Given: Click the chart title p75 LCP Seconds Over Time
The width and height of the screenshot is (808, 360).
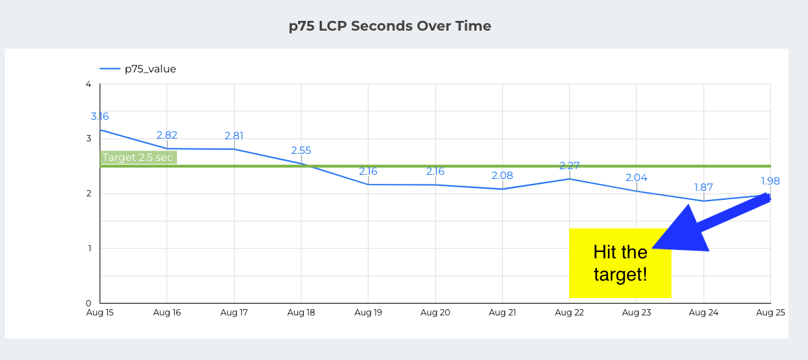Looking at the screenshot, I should click(x=390, y=26).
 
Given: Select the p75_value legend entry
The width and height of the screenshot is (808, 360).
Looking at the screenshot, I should click(x=150, y=68).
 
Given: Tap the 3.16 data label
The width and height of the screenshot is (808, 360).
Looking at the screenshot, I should click(x=100, y=116).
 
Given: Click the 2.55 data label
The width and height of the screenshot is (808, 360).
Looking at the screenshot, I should click(x=301, y=150).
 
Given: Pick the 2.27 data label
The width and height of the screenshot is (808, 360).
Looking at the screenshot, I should click(x=569, y=166).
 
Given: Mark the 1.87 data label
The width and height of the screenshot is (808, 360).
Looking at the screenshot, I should click(x=704, y=187).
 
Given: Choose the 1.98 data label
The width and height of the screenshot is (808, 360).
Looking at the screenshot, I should click(x=770, y=181).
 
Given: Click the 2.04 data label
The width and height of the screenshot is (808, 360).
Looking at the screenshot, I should click(x=636, y=178).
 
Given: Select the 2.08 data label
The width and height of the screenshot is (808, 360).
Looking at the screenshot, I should click(x=502, y=175).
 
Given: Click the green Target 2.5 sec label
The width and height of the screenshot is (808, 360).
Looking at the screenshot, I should click(x=138, y=157).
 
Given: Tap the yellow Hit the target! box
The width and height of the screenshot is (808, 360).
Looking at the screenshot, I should click(x=619, y=263).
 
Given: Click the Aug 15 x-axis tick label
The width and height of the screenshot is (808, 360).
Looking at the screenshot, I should click(x=100, y=313).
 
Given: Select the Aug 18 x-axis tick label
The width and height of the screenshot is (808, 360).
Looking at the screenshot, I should click(x=301, y=313).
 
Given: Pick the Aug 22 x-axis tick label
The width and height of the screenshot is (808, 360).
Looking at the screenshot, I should click(x=569, y=313).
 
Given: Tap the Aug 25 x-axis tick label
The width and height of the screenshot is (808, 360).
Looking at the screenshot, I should click(x=770, y=313).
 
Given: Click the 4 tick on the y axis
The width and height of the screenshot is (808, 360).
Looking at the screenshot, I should click(x=88, y=84).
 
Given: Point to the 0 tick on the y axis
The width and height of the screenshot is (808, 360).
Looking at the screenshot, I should click(x=88, y=303).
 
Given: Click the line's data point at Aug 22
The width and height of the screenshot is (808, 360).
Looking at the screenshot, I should click(x=569, y=179).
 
